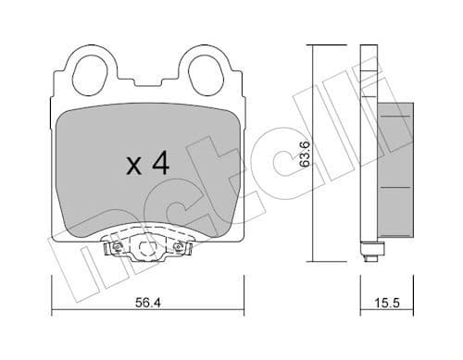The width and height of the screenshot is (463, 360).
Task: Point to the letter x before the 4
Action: [132, 168]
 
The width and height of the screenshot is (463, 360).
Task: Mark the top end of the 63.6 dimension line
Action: [315, 44]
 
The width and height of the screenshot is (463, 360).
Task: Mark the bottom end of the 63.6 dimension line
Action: [315, 263]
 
